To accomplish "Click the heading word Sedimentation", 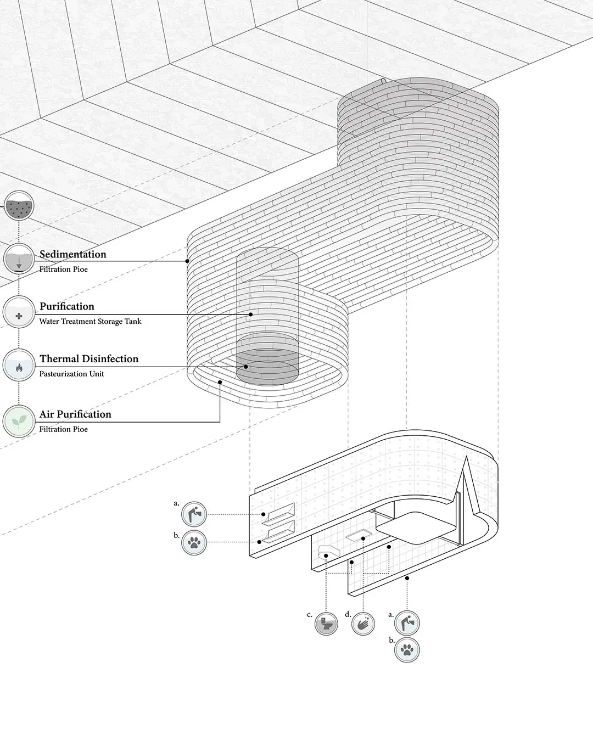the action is pyautogui.click(x=72, y=254).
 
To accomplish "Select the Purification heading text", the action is pyautogui.click(x=67, y=306).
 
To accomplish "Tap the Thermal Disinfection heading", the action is pyautogui.click(x=89, y=359).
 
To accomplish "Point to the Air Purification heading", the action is pyautogui.click(x=75, y=414).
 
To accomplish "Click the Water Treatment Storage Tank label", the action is pyautogui.click(x=90, y=321).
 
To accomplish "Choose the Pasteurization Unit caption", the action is pyautogui.click(x=72, y=374).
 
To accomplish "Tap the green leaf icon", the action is pyautogui.click(x=19, y=421).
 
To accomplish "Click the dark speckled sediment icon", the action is pyautogui.click(x=19, y=206).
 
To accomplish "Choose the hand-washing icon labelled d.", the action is pyautogui.click(x=363, y=624).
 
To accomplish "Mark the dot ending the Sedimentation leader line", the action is pyautogui.click(x=187, y=261).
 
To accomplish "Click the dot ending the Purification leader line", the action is pyautogui.click(x=250, y=315).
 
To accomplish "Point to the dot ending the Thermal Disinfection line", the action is pyautogui.click(x=245, y=367).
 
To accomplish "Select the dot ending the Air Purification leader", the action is pyautogui.click(x=220, y=382).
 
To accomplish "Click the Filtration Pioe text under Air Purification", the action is pyautogui.click(x=63, y=429).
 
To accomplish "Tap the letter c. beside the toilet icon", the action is pyautogui.click(x=310, y=615).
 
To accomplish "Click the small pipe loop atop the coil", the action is pyautogui.click(x=383, y=81).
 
